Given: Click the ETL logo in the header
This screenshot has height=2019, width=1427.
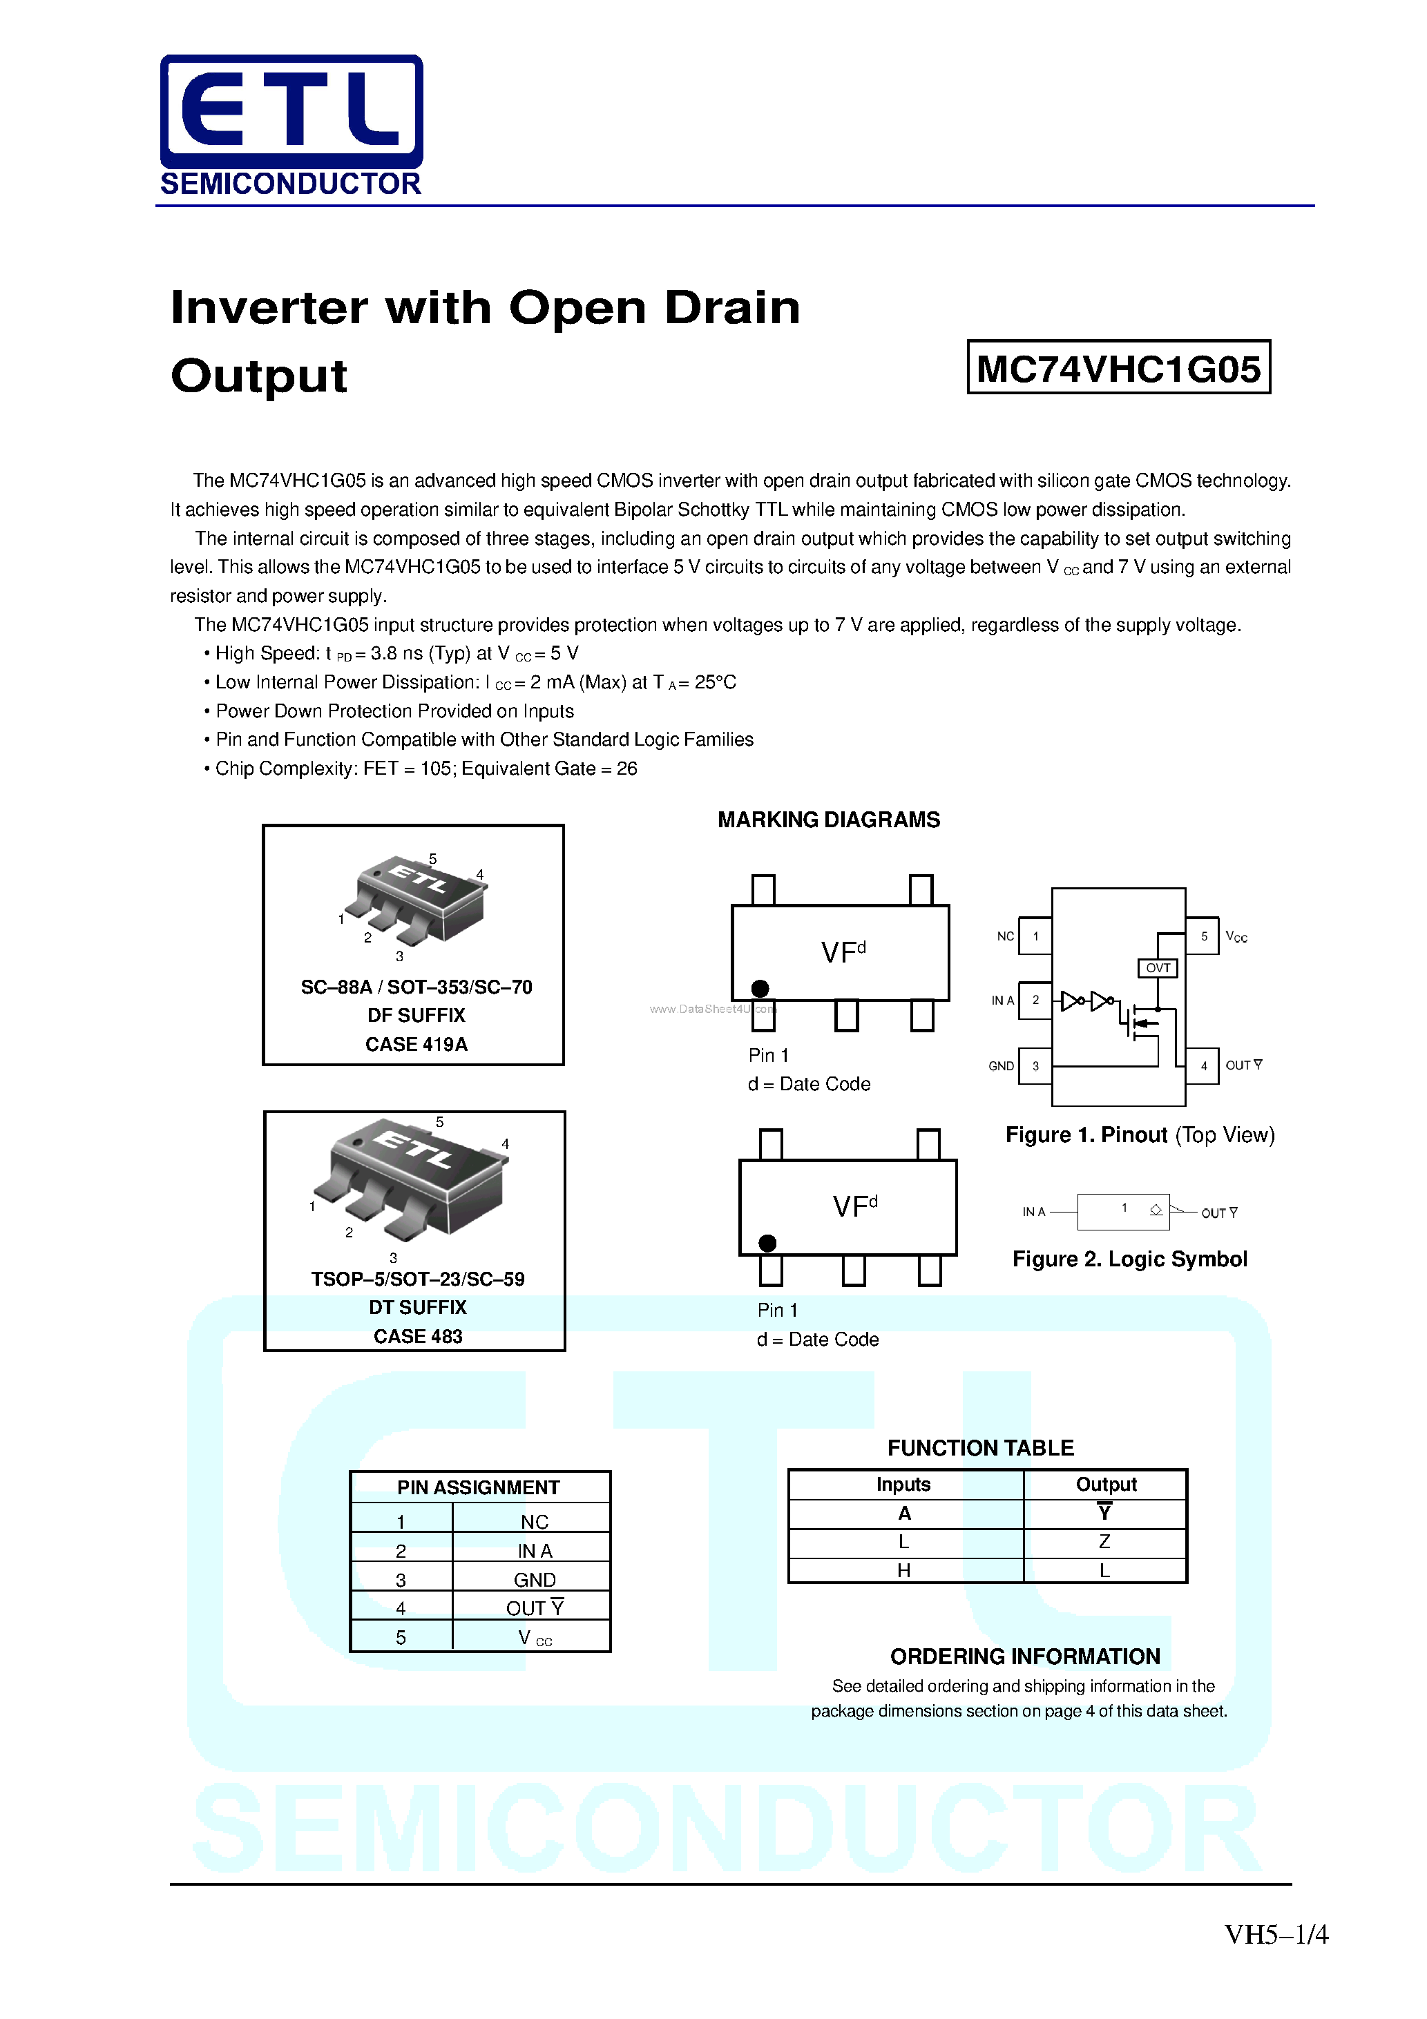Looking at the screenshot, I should click(291, 113).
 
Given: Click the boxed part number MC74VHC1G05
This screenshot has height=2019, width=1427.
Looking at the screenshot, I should click(1118, 367).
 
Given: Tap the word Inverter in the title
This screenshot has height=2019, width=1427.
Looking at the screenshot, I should click(271, 308).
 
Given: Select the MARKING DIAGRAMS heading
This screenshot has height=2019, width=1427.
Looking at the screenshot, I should click(828, 820).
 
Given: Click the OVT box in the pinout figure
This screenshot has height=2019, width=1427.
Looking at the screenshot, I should click(1157, 968).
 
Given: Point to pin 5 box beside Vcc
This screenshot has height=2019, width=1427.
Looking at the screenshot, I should click(1203, 936).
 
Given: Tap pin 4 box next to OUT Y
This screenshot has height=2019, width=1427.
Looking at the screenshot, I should click(1203, 1066).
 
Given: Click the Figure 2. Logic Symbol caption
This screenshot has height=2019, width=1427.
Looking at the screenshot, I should click(1129, 1259).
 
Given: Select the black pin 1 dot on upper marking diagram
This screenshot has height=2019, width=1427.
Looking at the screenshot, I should click(760, 988).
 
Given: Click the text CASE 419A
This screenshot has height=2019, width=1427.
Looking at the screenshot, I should click(416, 1045).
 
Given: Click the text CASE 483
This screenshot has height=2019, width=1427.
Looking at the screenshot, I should click(418, 1337).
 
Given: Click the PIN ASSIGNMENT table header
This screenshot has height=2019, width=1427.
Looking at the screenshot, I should click(478, 1488).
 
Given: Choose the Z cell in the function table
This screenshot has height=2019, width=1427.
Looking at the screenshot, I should click(1104, 1541).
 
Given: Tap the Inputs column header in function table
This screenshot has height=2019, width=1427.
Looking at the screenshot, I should click(903, 1485).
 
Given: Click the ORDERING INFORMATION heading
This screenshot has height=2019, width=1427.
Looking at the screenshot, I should click(1025, 1656).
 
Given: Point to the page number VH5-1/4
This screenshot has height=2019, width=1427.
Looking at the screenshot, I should click(1276, 1935).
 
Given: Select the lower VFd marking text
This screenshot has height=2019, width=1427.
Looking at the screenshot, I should click(854, 1206).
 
